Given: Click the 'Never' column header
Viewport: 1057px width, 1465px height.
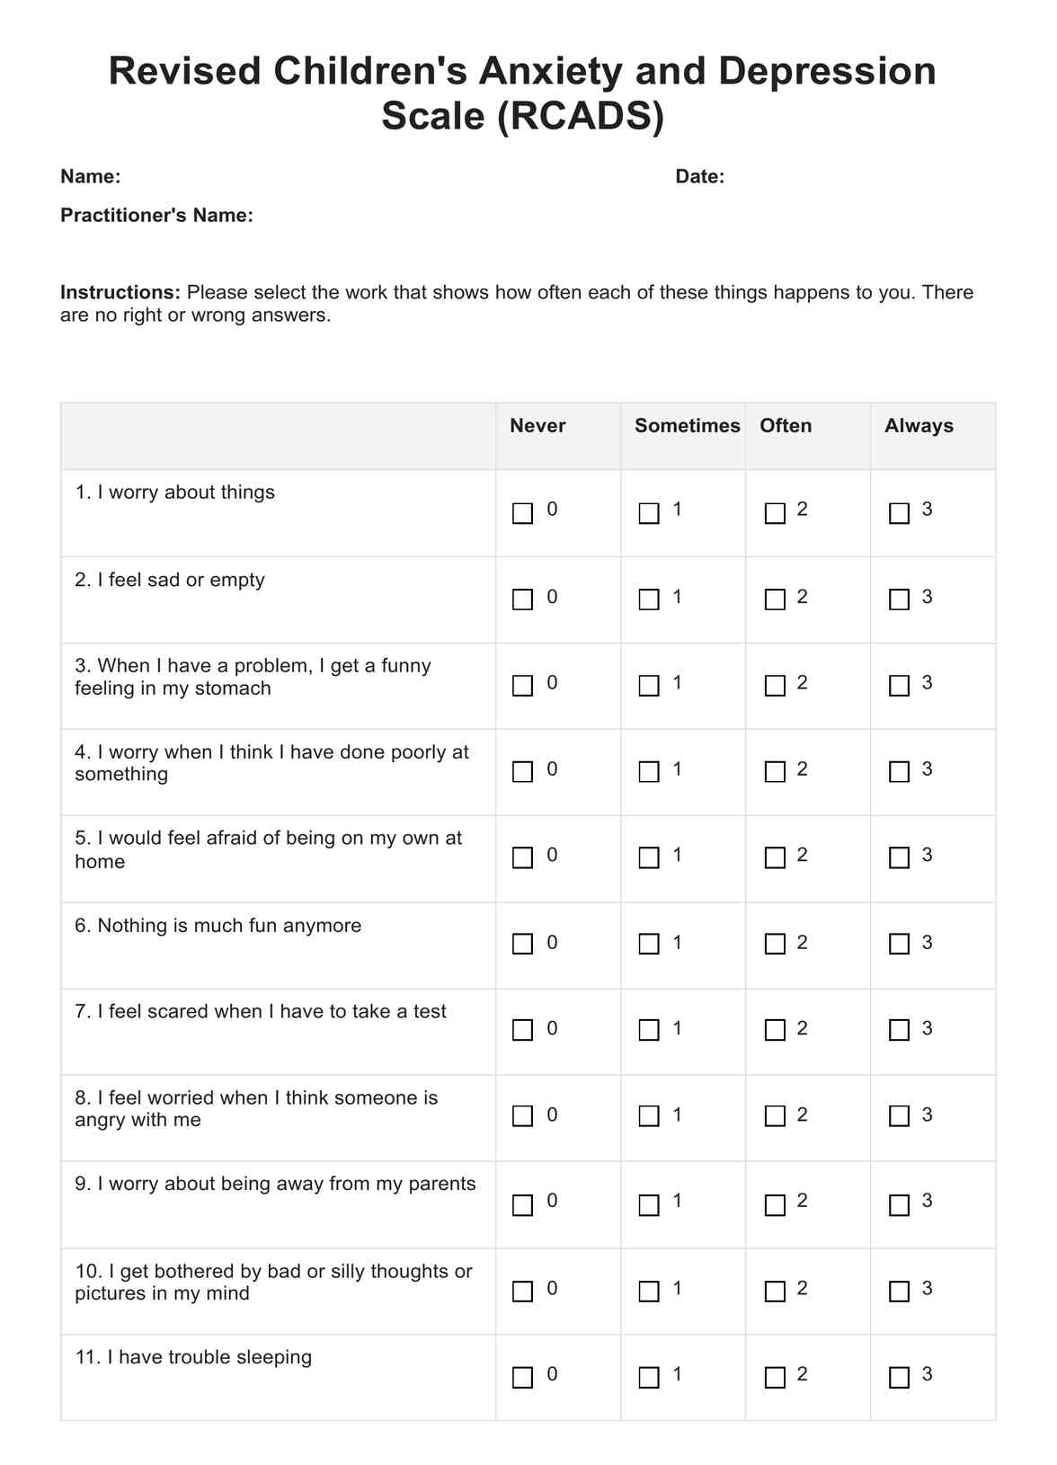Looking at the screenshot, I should pyautogui.click(x=537, y=426).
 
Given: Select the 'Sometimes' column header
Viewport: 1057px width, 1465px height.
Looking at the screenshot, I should pyautogui.click(x=687, y=426).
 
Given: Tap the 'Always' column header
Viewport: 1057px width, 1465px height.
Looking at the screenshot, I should pyautogui.click(x=919, y=426).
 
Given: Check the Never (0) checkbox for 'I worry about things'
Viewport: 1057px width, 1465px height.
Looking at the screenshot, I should pyautogui.click(x=522, y=513).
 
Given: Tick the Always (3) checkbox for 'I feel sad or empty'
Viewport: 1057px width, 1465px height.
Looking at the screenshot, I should pyautogui.click(x=899, y=599).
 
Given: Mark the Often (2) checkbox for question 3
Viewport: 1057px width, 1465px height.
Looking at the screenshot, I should pyautogui.click(x=775, y=686).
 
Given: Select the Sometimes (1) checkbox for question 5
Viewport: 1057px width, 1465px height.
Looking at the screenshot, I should pyautogui.click(x=649, y=857).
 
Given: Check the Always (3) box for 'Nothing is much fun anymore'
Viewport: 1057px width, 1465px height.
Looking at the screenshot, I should pyautogui.click(x=899, y=944).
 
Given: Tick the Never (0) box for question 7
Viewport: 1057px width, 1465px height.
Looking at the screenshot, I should pyautogui.click(x=522, y=1030).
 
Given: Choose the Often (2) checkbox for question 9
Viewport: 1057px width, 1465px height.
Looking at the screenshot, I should pyautogui.click(x=775, y=1205).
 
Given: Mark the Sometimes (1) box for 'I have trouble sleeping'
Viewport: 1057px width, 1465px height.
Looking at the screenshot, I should pyautogui.click(x=649, y=1377).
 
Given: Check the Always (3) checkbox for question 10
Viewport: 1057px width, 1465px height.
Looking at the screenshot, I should pyautogui.click(x=899, y=1292).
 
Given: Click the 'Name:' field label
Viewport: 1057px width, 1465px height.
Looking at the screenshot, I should pyautogui.click(x=90, y=177).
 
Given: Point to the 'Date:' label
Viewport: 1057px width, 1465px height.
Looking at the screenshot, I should pyautogui.click(x=699, y=177).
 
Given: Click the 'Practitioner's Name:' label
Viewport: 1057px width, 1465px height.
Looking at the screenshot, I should pyautogui.click(x=156, y=216).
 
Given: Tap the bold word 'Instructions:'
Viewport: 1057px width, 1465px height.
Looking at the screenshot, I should pyautogui.click(x=120, y=293).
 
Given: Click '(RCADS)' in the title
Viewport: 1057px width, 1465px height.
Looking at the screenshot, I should pyautogui.click(x=580, y=116).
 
